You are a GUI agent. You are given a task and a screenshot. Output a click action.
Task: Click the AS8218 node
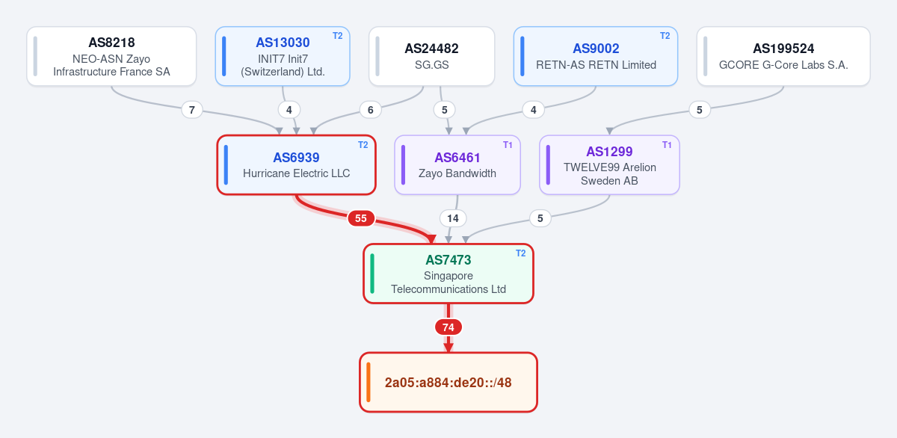tap(111, 57)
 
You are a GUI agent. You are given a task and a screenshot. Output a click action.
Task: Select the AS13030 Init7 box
tap(283, 57)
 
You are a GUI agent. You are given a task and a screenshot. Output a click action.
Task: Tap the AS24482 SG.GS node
tap(432, 57)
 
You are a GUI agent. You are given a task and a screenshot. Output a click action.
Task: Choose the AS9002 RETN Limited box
tap(596, 57)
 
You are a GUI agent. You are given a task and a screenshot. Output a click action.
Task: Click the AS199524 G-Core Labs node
tap(783, 57)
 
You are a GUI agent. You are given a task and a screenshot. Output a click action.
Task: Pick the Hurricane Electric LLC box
tap(296, 165)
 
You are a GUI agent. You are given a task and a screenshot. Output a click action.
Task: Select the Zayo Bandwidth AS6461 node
tap(457, 165)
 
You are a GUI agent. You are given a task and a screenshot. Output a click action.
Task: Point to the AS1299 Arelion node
tap(609, 165)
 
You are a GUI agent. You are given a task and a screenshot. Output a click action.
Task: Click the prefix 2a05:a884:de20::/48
tap(449, 383)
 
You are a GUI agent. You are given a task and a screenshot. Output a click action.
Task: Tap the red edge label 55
tap(361, 218)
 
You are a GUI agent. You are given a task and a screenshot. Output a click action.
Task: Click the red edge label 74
tap(449, 327)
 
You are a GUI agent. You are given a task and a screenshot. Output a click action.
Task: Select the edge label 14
tap(453, 218)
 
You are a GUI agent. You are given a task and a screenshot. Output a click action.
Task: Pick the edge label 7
tap(192, 110)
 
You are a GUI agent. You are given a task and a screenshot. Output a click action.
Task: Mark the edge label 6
tap(371, 110)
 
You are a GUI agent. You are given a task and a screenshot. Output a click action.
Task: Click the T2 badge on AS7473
tap(520, 253)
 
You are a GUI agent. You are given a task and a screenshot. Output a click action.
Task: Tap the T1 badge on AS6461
tap(508, 145)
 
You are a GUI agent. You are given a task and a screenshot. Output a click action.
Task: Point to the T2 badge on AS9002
tap(665, 36)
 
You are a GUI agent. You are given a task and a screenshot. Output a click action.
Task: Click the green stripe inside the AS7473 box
tap(372, 274)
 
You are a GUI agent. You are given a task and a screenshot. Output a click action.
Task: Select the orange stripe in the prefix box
tap(369, 383)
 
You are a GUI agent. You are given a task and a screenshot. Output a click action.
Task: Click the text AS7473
tap(449, 260)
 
